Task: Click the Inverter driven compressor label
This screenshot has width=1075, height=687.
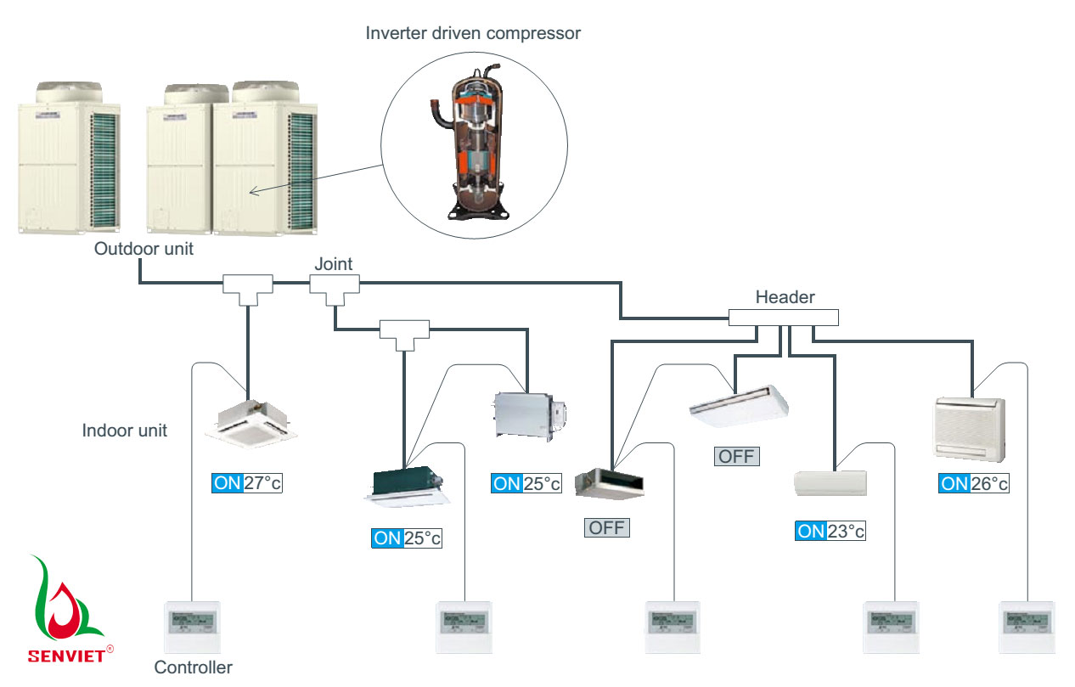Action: coord(473,34)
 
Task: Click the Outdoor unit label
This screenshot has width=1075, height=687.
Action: coord(144,249)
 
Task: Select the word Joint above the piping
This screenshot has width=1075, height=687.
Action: coord(333,264)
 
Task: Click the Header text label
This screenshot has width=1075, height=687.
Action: coord(785,297)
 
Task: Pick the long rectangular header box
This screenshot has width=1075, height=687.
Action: coord(783,318)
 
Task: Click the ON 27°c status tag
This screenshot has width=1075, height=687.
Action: coord(246,483)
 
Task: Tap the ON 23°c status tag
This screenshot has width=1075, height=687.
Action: coord(830,531)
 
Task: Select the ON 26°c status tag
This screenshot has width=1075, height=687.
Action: coord(974,483)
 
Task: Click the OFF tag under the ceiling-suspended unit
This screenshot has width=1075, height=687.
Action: coord(735,456)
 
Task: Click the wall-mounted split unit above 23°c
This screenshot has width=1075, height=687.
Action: coord(830,482)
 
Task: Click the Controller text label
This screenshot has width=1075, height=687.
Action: coord(193,667)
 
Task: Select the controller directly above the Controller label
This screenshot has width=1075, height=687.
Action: coord(191,627)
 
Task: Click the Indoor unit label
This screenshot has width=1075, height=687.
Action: coord(124,431)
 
